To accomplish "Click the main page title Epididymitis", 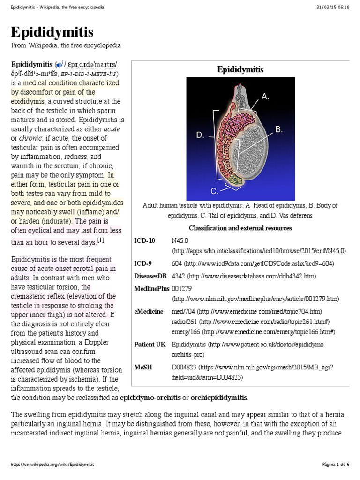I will click(52, 32).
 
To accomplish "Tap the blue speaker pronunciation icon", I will click(59, 65).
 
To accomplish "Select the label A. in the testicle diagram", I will click(265, 97).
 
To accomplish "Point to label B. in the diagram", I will click(278, 129).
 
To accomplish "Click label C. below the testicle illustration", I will click(215, 191).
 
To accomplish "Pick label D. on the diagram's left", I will click(200, 135).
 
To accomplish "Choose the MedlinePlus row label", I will click(151, 288).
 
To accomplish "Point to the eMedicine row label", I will click(149, 311).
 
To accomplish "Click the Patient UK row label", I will click(150, 344).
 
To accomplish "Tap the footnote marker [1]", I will click(100, 240).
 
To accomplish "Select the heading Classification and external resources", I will click(240, 228).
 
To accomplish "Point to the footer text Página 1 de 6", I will click(336, 464).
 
